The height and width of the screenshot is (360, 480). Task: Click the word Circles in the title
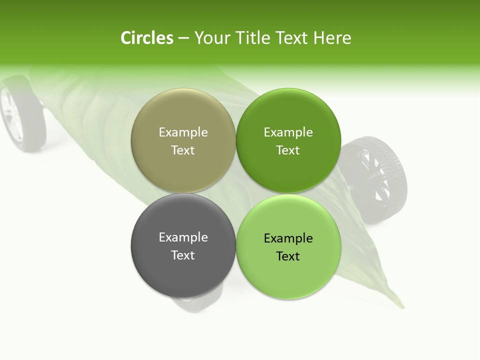click(x=146, y=38)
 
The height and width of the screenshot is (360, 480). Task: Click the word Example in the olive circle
click(x=183, y=132)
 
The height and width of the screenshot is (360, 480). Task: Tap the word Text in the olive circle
click(x=183, y=150)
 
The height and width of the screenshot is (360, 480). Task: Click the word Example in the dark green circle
click(x=288, y=132)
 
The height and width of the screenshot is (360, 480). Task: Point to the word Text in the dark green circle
click(x=288, y=150)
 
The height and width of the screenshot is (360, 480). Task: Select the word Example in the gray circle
click(x=183, y=237)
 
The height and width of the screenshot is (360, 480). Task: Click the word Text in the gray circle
click(x=183, y=255)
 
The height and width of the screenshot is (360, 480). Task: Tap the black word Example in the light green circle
click(x=288, y=238)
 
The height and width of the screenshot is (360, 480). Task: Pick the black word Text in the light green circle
click(x=288, y=256)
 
